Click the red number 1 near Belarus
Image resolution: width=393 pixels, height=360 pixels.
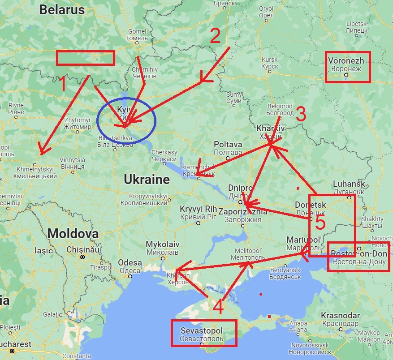63,84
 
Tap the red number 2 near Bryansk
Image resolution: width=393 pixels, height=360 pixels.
215,36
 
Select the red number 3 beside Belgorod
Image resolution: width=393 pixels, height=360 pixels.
301,115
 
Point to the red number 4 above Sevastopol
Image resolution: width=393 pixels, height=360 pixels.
218,307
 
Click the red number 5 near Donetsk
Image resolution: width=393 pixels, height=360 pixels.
318,222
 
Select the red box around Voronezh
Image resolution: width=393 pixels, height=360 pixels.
348,67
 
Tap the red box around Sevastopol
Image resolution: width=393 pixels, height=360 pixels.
204,333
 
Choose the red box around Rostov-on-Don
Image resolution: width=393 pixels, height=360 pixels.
358,257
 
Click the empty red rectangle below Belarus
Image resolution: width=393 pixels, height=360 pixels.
86,58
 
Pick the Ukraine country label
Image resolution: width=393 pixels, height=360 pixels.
147,180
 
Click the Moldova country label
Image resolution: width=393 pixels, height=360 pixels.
73,233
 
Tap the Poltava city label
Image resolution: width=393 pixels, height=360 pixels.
228,145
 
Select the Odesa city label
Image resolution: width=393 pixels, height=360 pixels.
130,263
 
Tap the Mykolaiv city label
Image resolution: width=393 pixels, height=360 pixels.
163,244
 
